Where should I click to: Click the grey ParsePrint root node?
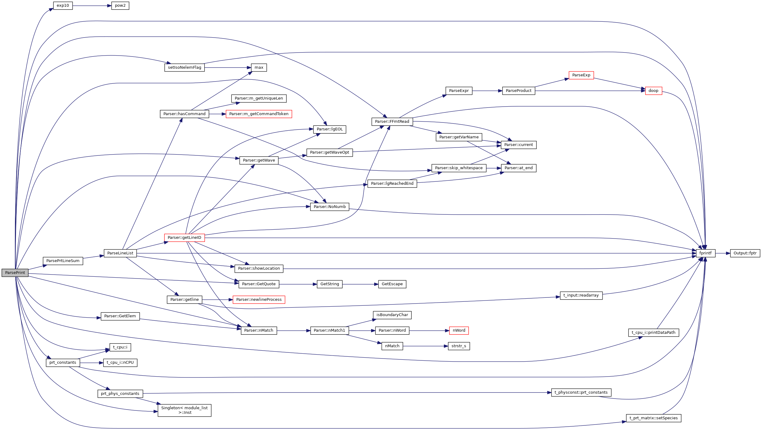(15, 273)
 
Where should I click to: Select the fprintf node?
(705, 253)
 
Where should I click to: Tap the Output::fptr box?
(745, 253)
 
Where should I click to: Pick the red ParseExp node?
(581, 75)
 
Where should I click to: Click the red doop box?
(653, 91)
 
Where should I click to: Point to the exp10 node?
(63, 5)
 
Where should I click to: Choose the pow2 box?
(120, 5)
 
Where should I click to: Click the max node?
(259, 67)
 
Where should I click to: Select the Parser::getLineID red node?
(184, 238)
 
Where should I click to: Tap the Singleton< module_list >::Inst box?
(184, 410)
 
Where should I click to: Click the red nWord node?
(459, 330)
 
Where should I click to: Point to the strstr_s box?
(459, 346)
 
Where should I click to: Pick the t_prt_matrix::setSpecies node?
(653, 418)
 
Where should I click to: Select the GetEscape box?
(392, 284)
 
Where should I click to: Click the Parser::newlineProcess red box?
(259, 300)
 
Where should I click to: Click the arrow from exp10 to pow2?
(92, 6)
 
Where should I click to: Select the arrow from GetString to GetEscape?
(360, 284)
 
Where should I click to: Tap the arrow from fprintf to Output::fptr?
(722, 253)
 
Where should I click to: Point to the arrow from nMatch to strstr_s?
(425, 346)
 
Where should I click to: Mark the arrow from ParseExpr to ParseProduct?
(487, 91)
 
